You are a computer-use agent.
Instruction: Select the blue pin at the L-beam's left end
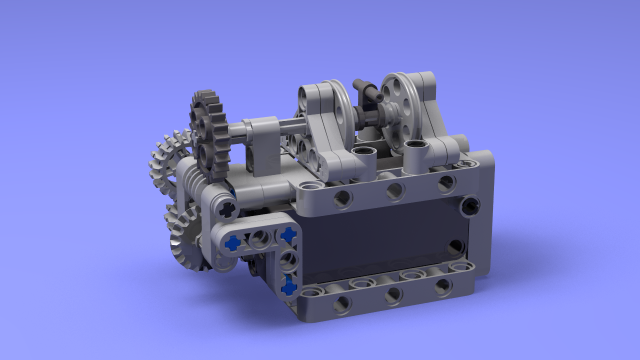point(232,243)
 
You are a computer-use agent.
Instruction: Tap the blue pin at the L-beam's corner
point(288,234)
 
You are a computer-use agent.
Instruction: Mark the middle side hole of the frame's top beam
point(394,190)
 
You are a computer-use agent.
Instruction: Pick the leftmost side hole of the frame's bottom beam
point(342,303)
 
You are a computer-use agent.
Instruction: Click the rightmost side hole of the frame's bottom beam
point(442,285)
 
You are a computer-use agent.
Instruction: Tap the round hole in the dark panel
point(455,246)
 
